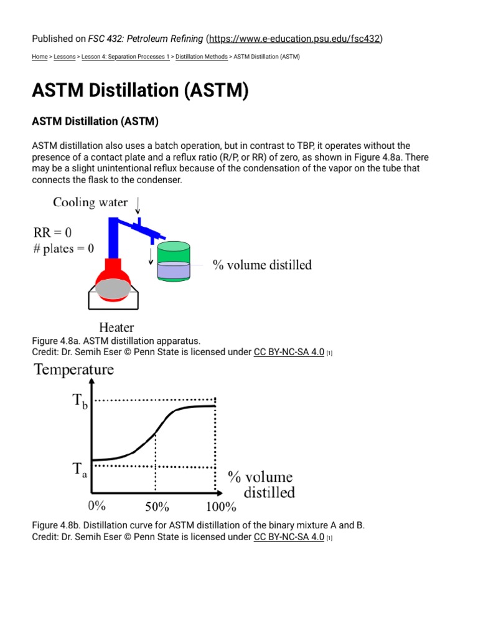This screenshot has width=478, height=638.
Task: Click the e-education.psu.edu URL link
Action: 296,39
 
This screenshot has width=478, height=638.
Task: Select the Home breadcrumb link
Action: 39,57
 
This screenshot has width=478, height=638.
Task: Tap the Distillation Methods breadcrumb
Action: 202,57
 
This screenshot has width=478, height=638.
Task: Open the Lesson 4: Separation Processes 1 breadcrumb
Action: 125,57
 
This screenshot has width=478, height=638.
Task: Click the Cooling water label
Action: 91,202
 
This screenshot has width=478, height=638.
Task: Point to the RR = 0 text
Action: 52,233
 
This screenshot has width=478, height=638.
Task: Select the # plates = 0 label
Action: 63,249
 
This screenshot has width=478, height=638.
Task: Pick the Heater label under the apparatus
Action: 116,327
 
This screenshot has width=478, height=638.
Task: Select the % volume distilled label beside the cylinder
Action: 262,265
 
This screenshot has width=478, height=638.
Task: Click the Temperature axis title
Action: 74,369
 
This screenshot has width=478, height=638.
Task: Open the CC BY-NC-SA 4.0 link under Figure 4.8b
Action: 289,537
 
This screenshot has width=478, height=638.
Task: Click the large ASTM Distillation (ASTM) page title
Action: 140,91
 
